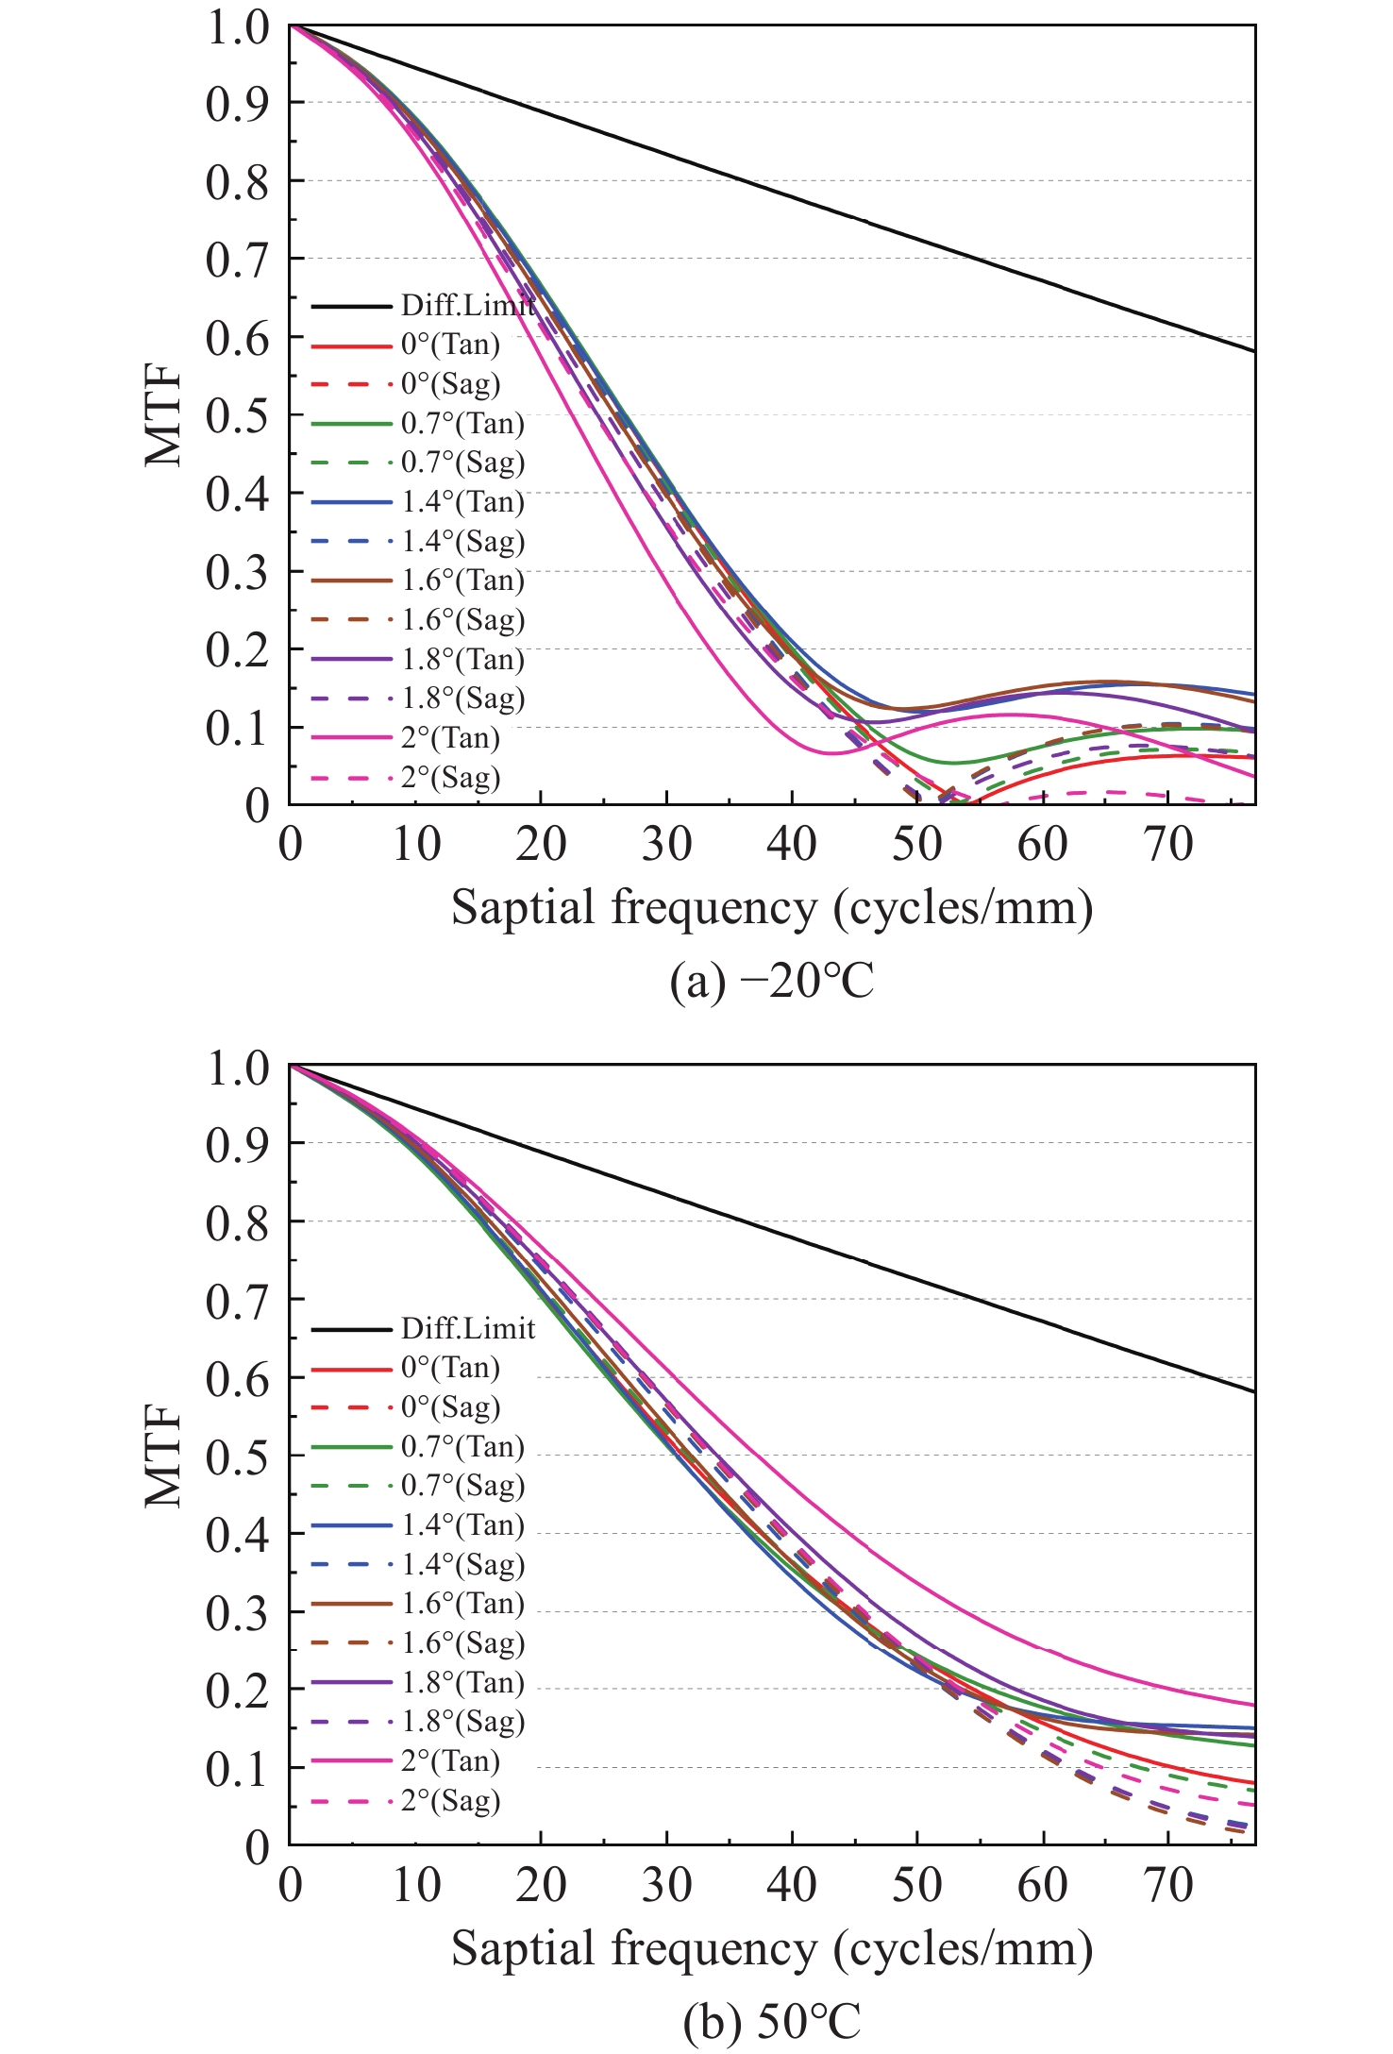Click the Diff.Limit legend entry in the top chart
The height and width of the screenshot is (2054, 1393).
[467, 305]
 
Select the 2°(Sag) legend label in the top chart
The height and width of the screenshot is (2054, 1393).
[450, 778]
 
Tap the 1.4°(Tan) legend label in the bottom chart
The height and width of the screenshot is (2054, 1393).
[462, 1524]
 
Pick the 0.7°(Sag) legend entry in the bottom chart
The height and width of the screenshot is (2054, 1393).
[462, 1485]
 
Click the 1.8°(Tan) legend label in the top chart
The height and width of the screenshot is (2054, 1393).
[462, 659]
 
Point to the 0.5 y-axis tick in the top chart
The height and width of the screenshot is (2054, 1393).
[237, 415]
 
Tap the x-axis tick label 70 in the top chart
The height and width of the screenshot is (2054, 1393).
[1168, 844]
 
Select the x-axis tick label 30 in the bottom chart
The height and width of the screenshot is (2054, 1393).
[666, 1886]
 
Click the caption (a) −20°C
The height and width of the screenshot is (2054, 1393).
[772, 982]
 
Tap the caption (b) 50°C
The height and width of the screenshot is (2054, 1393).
[772, 2020]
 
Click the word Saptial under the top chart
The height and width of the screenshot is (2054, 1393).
[522, 908]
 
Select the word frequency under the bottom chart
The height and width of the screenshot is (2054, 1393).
[713, 1948]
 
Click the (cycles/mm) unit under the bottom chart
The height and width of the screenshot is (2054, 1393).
[963, 1948]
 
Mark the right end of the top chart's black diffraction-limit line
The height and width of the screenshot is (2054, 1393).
[1253, 351]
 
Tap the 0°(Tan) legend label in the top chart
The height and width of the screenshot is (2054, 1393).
[450, 345]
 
